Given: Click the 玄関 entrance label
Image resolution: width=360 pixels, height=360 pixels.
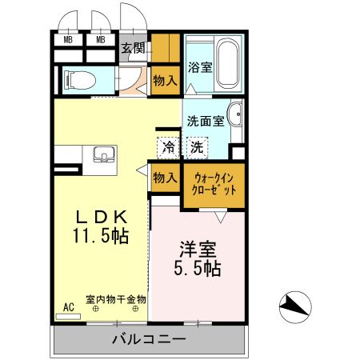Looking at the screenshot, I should pyautogui.click(x=133, y=49).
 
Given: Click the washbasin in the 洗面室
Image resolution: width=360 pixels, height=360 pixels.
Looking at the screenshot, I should pyautogui.click(x=238, y=116).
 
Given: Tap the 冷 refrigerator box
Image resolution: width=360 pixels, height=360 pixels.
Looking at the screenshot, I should pyautogui.click(x=168, y=147).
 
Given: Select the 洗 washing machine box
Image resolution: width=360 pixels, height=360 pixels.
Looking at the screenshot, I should pyautogui.click(x=196, y=147).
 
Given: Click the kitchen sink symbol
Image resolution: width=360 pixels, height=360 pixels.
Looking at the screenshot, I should pyautogui.click(x=102, y=154).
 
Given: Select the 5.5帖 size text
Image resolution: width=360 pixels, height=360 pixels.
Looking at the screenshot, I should pyautogui.click(x=198, y=268).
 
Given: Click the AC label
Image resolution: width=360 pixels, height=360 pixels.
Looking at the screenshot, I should pyautogui.click(x=68, y=306).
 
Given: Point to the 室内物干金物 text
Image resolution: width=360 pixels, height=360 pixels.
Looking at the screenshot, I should pyautogui.click(x=116, y=299).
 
